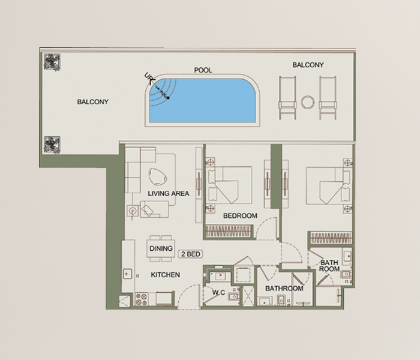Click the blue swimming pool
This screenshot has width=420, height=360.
point(203,100)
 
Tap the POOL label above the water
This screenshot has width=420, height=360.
point(203,70)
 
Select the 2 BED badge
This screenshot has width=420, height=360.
point(191,254)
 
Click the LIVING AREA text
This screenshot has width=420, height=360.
point(169,193)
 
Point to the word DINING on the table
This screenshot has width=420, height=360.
point(161,248)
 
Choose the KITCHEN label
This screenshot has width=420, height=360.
point(165,275)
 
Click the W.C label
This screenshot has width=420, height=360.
point(218,293)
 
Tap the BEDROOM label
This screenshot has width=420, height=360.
point(240,215)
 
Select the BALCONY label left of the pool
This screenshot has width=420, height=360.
point(92,102)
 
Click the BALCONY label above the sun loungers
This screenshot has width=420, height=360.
point(308,65)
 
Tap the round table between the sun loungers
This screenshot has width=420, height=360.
point(307,103)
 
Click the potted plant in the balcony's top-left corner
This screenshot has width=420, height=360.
point(52,62)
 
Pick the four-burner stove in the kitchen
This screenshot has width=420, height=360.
point(142,299)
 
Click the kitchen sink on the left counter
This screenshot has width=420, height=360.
point(127,274)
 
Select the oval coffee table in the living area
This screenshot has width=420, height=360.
point(158,176)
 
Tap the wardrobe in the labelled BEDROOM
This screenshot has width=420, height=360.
point(229,232)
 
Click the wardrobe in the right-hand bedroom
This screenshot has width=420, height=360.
point(331,238)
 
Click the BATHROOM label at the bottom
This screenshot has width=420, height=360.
point(284,289)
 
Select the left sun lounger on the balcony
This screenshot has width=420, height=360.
point(287,98)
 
